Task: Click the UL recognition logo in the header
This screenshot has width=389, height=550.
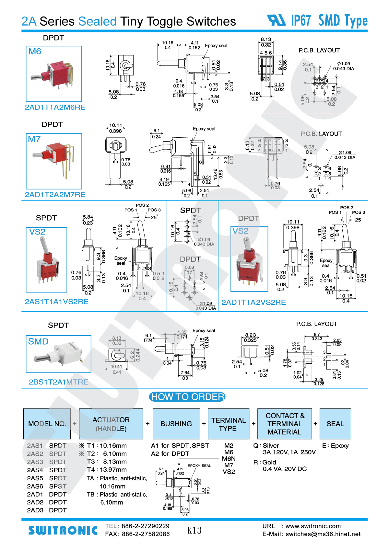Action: (x=276, y=20)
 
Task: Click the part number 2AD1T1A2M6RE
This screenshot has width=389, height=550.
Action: (x=55, y=107)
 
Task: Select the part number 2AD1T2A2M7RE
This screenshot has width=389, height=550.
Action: (x=55, y=195)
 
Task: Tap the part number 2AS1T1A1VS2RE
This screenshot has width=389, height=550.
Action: (x=57, y=302)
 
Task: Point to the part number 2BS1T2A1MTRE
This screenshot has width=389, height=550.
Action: (x=58, y=382)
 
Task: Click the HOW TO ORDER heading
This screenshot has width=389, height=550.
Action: (x=187, y=397)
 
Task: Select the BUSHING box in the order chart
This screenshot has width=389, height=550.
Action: (x=176, y=424)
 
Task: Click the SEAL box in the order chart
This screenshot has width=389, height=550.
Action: (x=335, y=424)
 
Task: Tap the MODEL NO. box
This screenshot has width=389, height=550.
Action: (x=47, y=424)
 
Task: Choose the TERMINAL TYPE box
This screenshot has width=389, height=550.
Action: (x=228, y=424)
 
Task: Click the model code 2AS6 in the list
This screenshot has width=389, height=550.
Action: (x=35, y=486)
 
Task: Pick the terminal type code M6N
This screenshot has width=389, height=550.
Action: (x=229, y=459)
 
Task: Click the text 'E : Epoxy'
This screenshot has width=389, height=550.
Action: (x=335, y=446)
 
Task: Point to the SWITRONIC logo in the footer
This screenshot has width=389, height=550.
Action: (x=63, y=530)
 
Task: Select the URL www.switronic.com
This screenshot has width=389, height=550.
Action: (x=313, y=526)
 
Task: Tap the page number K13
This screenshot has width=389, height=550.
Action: (x=194, y=530)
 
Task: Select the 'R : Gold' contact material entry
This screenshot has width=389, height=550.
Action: (x=265, y=462)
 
